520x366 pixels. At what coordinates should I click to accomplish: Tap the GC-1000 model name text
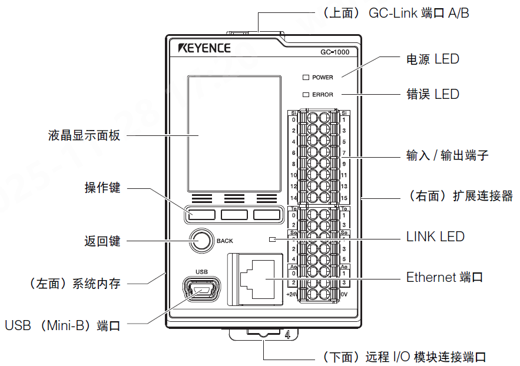[x=334, y=52]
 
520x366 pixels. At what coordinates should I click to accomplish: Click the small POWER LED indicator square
[x=306, y=77]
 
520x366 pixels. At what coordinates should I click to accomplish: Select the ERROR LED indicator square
[x=306, y=94]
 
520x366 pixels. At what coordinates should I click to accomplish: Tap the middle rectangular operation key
[x=234, y=215]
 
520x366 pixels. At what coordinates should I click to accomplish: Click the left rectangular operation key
[x=201, y=215]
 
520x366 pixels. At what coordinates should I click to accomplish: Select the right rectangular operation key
[x=267, y=215]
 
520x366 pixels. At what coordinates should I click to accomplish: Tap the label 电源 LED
[x=432, y=59]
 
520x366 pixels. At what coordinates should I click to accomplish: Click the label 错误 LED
[x=432, y=94]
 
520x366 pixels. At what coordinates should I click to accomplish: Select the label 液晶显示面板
[x=84, y=135]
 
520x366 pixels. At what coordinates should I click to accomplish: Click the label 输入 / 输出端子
[x=447, y=155]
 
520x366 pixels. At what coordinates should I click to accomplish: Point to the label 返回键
[x=102, y=241]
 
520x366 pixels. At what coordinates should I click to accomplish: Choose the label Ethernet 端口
[x=445, y=277]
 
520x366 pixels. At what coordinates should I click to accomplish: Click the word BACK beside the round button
[x=225, y=241]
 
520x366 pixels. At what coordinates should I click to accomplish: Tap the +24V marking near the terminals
[x=291, y=294]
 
